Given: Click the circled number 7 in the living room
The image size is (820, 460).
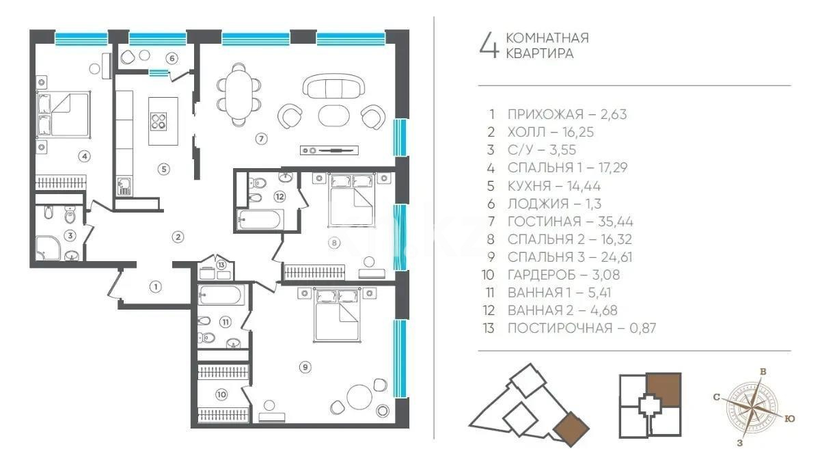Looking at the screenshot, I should [260, 139].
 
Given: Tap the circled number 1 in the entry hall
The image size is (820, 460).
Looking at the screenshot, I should [156, 286].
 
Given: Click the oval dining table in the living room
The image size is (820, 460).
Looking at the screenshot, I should [238, 94].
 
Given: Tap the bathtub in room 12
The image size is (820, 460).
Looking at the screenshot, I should [260, 220].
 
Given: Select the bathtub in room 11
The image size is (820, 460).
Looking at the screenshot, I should [219, 297].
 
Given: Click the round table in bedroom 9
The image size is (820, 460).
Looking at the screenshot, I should [359, 397].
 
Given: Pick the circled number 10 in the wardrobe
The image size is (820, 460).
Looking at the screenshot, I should [221, 394].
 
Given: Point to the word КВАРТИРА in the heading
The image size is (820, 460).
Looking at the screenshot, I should [539, 54].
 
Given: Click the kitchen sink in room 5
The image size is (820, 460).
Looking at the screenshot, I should [124, 183].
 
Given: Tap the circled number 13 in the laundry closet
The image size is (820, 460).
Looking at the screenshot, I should [221, 264].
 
